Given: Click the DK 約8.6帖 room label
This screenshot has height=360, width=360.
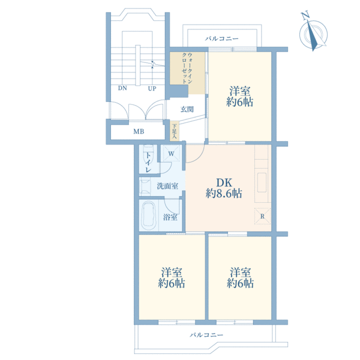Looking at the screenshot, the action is pos(224,188).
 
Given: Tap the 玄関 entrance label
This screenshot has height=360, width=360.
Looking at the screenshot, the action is pos(187,109).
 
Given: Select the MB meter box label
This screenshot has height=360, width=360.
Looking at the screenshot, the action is pos(139,131).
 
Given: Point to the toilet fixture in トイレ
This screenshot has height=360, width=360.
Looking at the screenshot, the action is pos(148,152).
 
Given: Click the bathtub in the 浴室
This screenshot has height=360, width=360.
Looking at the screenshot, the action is pos(149,215).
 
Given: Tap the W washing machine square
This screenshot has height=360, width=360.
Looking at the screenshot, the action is pos(171,153).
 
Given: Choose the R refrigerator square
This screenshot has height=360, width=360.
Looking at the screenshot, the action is pos(262,216).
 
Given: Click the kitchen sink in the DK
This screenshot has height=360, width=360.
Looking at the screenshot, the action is pos(262,183).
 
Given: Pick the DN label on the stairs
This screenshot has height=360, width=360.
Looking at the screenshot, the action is pos(122,88).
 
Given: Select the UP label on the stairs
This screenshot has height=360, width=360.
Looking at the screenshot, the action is pos(152,89).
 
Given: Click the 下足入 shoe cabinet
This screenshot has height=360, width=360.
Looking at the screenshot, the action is pos(174,131).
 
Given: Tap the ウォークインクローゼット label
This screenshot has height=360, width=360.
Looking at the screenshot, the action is pos(187,68).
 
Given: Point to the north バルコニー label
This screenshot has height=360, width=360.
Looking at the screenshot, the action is pos(222,38).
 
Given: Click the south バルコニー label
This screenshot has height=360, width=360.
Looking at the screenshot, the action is pos(206,335).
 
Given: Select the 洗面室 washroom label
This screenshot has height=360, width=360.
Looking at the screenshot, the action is pos(167,186).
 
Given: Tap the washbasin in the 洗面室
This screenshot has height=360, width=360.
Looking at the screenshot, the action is pos(145,187).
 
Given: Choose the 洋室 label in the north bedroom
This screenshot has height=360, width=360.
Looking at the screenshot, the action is pos(239,91).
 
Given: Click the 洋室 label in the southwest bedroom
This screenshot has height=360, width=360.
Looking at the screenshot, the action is pos(172,272).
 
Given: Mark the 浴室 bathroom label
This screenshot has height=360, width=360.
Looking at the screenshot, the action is pos(170,217).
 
